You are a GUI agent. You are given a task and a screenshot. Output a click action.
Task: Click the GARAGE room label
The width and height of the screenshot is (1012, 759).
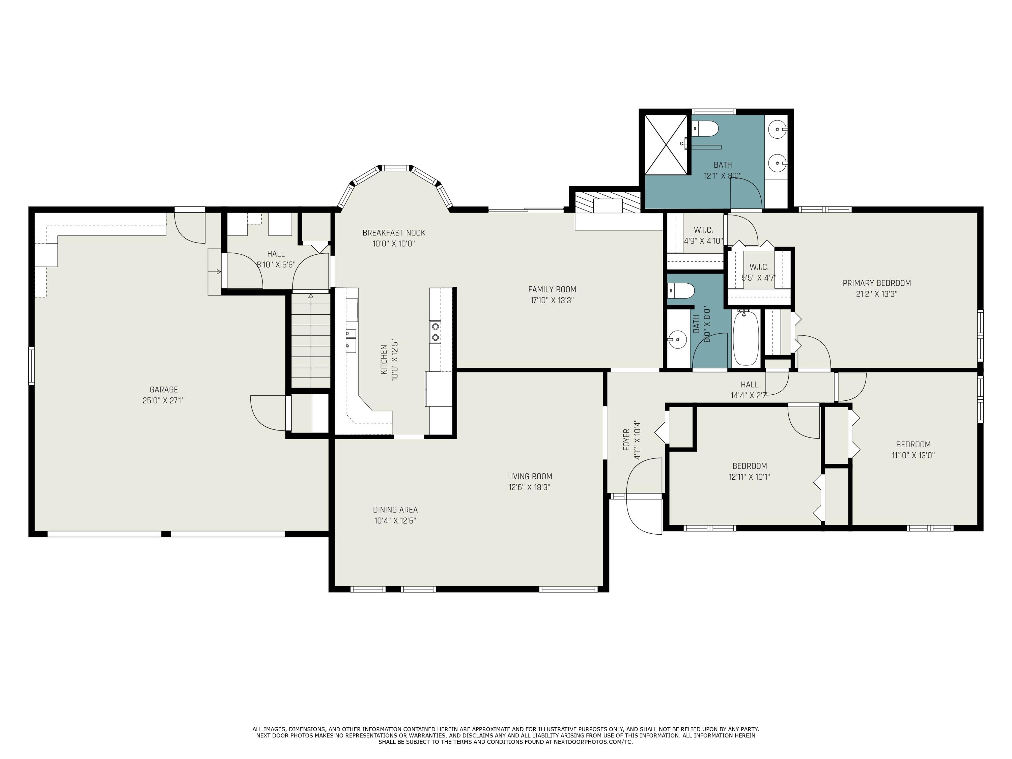pyautogui.click(x=164, y=389)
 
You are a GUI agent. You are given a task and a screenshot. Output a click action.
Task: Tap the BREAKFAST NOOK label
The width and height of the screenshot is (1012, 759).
pyautogui.click(x=394, y=233)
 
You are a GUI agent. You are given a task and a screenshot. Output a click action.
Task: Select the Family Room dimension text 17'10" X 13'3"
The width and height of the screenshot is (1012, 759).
pyautogui.click(x=552, y=301)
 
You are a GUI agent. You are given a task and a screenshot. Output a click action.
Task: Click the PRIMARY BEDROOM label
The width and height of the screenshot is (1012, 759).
pyautogui.click(x=877, y=283)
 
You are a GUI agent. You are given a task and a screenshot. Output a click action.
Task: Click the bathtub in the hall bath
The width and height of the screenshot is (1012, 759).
pyautogui.click(x=746, y=338)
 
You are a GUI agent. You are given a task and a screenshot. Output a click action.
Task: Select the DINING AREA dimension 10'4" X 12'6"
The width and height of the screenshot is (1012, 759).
pyautogui.click(x=395, y=521)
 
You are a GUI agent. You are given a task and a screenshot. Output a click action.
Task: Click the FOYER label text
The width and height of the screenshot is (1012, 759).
pyautogui.click(x=626, y=440)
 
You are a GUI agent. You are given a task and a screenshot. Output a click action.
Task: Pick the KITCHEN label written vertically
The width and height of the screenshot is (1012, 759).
pyautogui.click(x=384, y=360)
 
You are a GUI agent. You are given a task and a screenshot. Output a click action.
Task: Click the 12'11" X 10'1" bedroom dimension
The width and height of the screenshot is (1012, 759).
pyautogui.click(x=750, y=477)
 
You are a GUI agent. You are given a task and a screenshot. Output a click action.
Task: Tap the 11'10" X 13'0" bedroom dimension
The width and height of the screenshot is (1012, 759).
pyautogui.click(x=913, y=455)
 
